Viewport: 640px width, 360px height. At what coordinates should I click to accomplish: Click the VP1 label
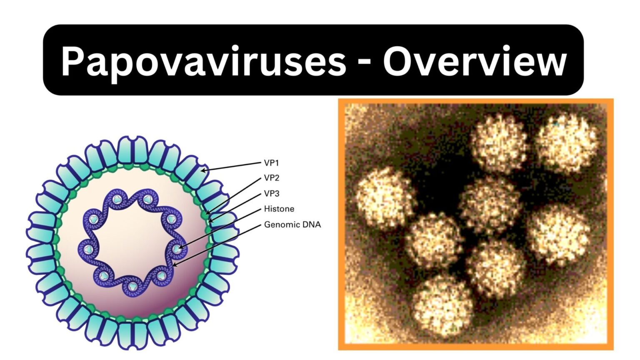tap(271, 163)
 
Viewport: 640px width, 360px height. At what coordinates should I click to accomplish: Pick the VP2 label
tap(272, 178)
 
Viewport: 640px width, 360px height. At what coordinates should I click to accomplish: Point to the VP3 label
tap(272, 193)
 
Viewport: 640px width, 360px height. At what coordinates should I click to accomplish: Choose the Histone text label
tap(279, 209)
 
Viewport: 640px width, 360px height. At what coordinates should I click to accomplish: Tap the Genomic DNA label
tap(292, 225)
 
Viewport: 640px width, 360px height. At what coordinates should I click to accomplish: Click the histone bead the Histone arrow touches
tap(177, 249)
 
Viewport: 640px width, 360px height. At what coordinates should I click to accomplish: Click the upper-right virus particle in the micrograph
tap(567, 143)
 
